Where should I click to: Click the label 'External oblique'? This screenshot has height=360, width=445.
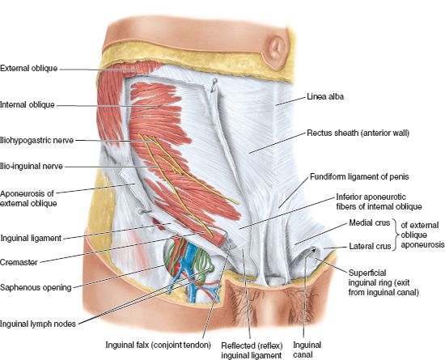click(28, 69)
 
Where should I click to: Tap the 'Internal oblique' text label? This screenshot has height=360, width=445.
click(28, 104)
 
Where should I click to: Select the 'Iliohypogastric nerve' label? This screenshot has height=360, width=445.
click(37, 140)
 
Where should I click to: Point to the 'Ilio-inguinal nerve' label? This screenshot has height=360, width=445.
click(32, 166)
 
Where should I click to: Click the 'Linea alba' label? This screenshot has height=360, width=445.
click(325, 97)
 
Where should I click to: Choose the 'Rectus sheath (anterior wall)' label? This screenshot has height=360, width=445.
click(358, 133)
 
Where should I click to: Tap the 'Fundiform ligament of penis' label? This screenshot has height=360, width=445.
click(359, 176)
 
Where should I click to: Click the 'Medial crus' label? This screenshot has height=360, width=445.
click(370, 222)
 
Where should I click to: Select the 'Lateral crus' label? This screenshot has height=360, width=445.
click(370, 246)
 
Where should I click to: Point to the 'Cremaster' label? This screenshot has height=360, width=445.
click(19, 262)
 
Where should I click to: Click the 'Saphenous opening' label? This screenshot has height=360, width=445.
click(36, 287)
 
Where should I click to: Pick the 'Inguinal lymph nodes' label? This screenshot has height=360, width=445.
click(38, 324)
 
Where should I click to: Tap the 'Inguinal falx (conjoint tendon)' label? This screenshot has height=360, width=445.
click(159, 345)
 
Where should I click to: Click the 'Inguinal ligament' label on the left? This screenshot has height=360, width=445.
click(31, 238)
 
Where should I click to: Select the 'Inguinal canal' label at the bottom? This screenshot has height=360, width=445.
click(307, 349)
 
